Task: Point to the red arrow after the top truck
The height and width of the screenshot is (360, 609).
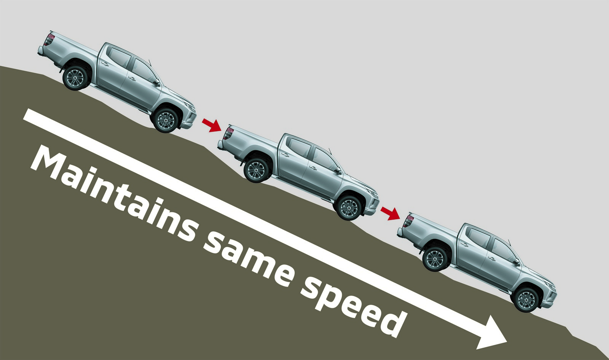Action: (211, 125)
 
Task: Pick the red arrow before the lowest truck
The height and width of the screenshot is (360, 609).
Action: (390, 213)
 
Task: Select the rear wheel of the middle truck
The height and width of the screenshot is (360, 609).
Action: (257, 169)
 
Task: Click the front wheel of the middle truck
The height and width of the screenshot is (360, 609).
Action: (348, 208)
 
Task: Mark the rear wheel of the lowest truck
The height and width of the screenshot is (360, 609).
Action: (435, 259)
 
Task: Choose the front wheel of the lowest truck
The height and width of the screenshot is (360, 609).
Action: (526, 299)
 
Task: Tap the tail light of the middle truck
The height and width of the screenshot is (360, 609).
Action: (228, 133)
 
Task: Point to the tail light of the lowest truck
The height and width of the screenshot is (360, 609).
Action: (408, 221)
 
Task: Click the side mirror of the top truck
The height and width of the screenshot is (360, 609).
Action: (156, 83)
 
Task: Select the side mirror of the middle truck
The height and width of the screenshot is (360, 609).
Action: (337, 171)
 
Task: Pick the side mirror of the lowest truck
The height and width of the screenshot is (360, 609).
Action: (516, 262)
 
